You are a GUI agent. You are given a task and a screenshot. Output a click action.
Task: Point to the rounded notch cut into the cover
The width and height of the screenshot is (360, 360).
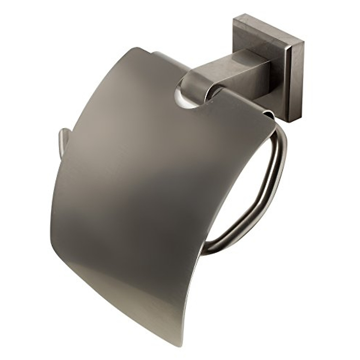point(190,99)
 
